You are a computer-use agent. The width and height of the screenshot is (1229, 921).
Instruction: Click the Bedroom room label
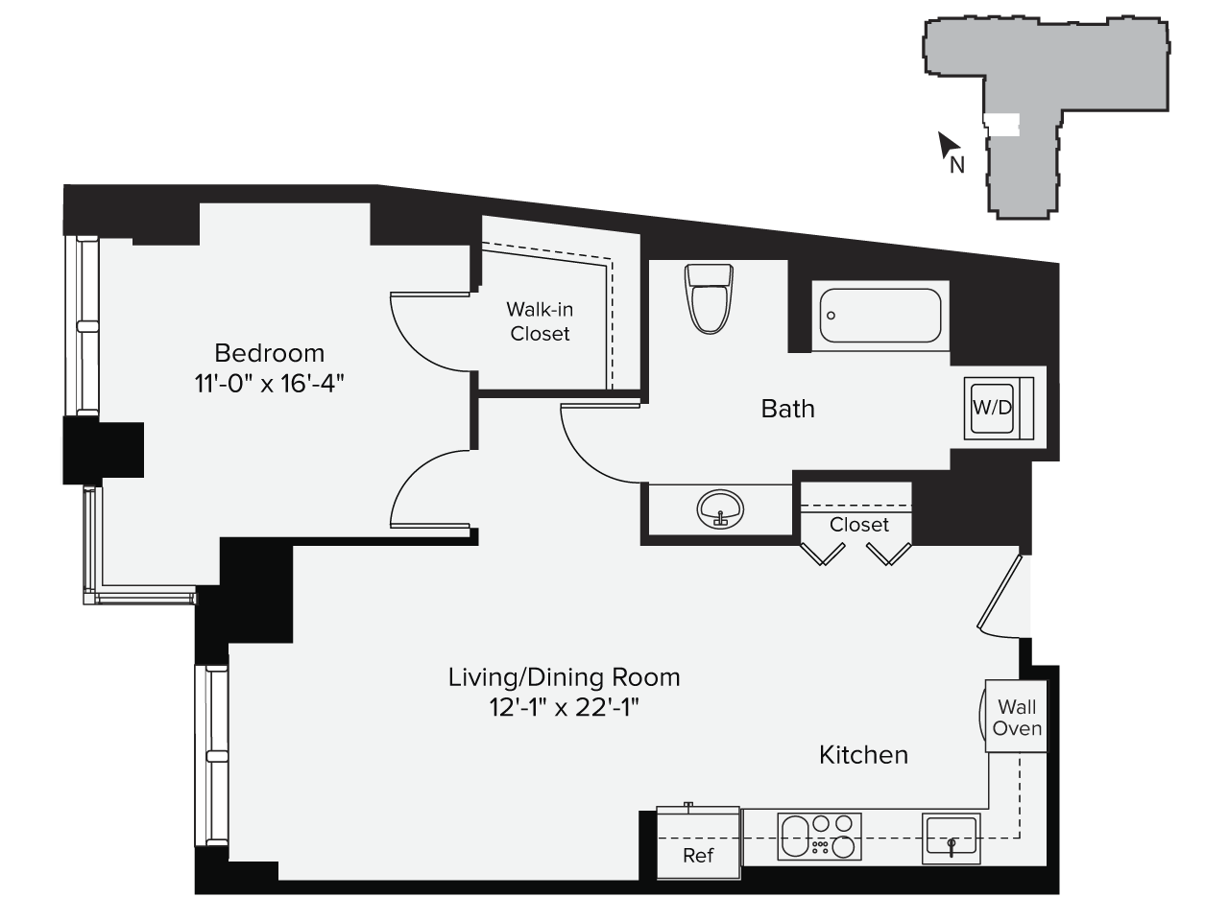click(269, 352)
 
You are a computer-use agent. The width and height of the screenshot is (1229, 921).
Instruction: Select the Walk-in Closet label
click(540, 321)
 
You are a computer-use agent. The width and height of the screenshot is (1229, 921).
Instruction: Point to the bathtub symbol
click(880, 315)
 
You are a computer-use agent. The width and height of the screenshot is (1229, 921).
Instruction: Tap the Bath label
click(787, 409)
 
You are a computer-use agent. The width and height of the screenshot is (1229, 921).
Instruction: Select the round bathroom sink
click(720, 508)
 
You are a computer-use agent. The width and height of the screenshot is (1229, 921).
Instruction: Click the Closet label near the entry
click(858, 525)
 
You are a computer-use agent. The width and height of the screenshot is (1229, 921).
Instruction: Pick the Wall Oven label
click(1017, 718)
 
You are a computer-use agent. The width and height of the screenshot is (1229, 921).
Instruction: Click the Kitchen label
click(863, 755)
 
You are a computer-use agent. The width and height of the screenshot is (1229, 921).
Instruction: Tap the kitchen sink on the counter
click(950, 835)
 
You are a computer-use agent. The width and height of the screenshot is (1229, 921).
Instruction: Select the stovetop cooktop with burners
click(818, 836)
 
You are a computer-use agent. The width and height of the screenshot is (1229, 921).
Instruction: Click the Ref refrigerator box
click(698, 844)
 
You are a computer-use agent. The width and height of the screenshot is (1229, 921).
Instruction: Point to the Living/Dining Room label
click(564, 677)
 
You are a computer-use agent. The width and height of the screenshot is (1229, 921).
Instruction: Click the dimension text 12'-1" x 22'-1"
click(564, 707)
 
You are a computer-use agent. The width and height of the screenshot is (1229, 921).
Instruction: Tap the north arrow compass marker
click(950, 149)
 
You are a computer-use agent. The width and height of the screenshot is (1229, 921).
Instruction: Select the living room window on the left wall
click(213, 756)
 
